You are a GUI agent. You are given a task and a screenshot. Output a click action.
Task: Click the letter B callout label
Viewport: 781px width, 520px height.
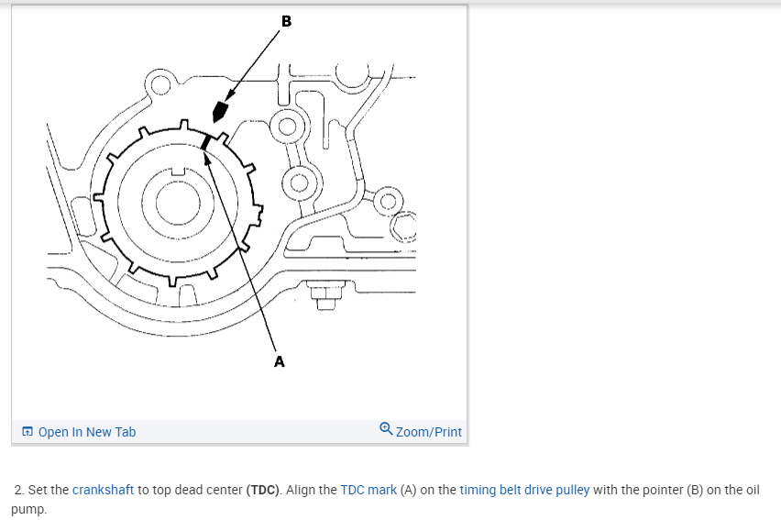tap(286, 20)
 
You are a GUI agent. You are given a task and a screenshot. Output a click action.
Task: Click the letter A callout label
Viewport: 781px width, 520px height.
tap(280, 361)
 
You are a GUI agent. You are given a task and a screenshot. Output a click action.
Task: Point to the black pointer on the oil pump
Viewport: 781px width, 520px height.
tap(218, 112)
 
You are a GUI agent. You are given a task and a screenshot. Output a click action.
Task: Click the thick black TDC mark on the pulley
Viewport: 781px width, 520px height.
tap(207, 141)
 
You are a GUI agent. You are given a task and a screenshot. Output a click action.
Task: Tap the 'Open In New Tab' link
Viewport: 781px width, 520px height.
tap(87, 432)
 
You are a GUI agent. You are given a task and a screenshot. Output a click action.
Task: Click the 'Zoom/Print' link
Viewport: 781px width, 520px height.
tap(429, 432)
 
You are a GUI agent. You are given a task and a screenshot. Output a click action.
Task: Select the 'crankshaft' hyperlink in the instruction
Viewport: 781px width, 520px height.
tap(104, 490)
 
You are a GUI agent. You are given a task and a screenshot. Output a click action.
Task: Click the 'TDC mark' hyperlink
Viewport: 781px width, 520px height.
tap(368, 490)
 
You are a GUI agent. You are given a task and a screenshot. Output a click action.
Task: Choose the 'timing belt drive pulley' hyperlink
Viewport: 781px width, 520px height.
tap(524, 490)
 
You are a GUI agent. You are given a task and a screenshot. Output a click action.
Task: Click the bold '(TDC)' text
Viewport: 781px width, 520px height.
tap(264, 490)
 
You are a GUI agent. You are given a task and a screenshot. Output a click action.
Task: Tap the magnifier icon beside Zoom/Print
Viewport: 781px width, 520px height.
tap(386, 429)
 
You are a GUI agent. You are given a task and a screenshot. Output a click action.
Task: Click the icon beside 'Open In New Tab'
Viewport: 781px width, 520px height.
tap(27, 432)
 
